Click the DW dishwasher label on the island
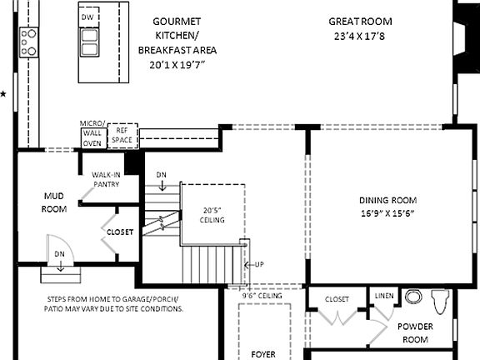pos(87,17)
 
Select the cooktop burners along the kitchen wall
pos(29,42)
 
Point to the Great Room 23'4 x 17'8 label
pos(359,28)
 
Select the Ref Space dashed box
pos(122,135)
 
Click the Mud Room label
pos(54,202)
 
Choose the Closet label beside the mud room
pos(119,232)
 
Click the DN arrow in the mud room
pos(60,259)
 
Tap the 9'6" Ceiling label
pos(262,295)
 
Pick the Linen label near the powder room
pos(384,296)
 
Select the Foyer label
pos(262,353)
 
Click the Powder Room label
pos(412,332)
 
